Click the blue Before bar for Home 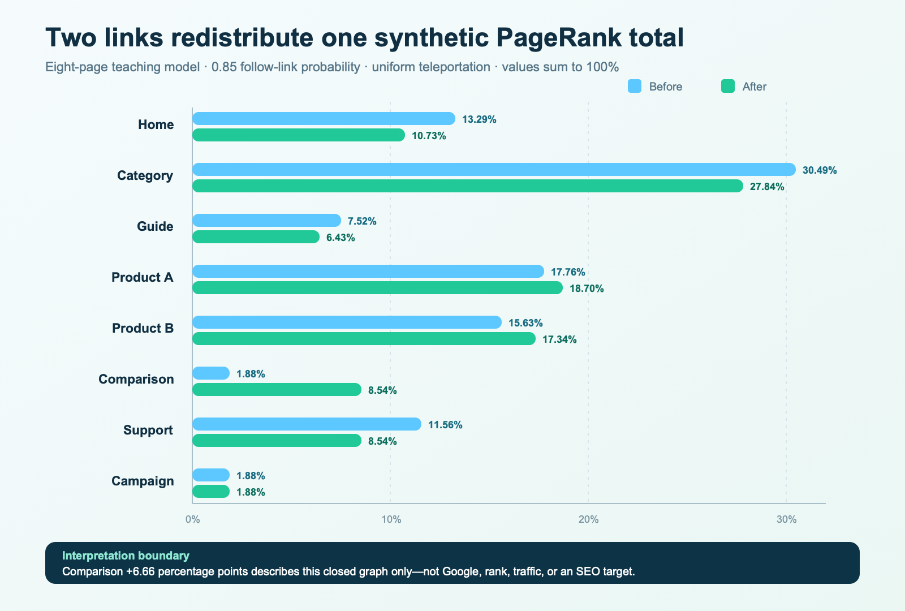pyautogui.click(x=324, y=119)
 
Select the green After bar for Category pyautogui.click(x=468, y=186)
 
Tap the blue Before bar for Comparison pyautogui.click(x=211, y=373)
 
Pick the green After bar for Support pyautogui.click(x=277, y=441)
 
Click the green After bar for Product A pyautogui.click(x=377, y=288)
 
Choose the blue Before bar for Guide pyautogui.click(x=266, y=221)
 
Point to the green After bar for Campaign pyautogui.click(x=211, y=492)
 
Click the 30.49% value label pyautogui.click(x=820, y=170)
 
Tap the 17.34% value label pyautogui.click(x=559, y=339)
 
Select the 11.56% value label pyautogui.click(x=445, y=425)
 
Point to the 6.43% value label pyautogui.click(x=341, y=238)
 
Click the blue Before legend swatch pyautogui.click(x=634, y=86)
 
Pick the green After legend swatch pyautogui.click(x=727, y=86)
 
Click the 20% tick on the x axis pyautogui.click(x=588, y=519)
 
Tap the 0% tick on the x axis pyautogui.click(x=193, y=519)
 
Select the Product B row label pyautogui.click(x=143, y=328)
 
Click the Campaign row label pyautogui.click(x=143, y=481)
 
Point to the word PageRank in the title pyautogui.click(x=559, y=38)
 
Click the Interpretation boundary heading pyautogui.click(x=126, y=556)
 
